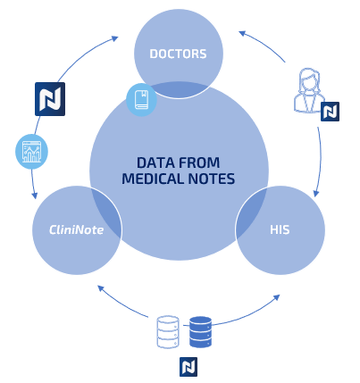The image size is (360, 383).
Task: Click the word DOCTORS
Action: pyautogui.click(x=178, y=54)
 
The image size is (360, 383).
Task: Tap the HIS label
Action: pyautogui.click(x=280, y=229)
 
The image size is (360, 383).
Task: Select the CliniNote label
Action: pyautogui.click(x=77, y=229)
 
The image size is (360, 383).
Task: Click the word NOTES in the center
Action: pyautogui.click(x=212, y=179)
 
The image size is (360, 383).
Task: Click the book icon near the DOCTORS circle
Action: pyautogui.click(x=141, y=100)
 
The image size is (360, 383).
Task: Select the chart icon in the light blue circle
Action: pyautogui.click(x=31, y=152)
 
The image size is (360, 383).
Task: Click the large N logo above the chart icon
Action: pyautogui.click(x=50, y=99)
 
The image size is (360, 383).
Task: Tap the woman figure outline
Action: pyautogui.click(x=309, y=90)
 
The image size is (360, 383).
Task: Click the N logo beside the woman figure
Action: pyautogui.click(x=330, y=112)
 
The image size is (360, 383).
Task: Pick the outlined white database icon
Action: pyautogui.click(x=168, y=332)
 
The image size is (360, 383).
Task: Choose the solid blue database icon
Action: pyautogui.click(x=200, y=332)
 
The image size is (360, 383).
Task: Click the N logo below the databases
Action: pyautogui.click(x=188, y=367)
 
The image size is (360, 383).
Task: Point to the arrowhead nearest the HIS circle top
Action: pyautogui.click(x=316, y=193)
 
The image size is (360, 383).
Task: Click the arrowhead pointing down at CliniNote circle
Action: pyautogui.click(x=35, y=195)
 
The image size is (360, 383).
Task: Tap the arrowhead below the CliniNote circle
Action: pyautogui.click(x=101, y=288)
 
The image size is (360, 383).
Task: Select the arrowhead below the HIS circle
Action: pyautogui.click(x=276, y=297)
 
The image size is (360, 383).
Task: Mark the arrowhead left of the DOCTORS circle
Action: pyautogui.click(x=114, y=38)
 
